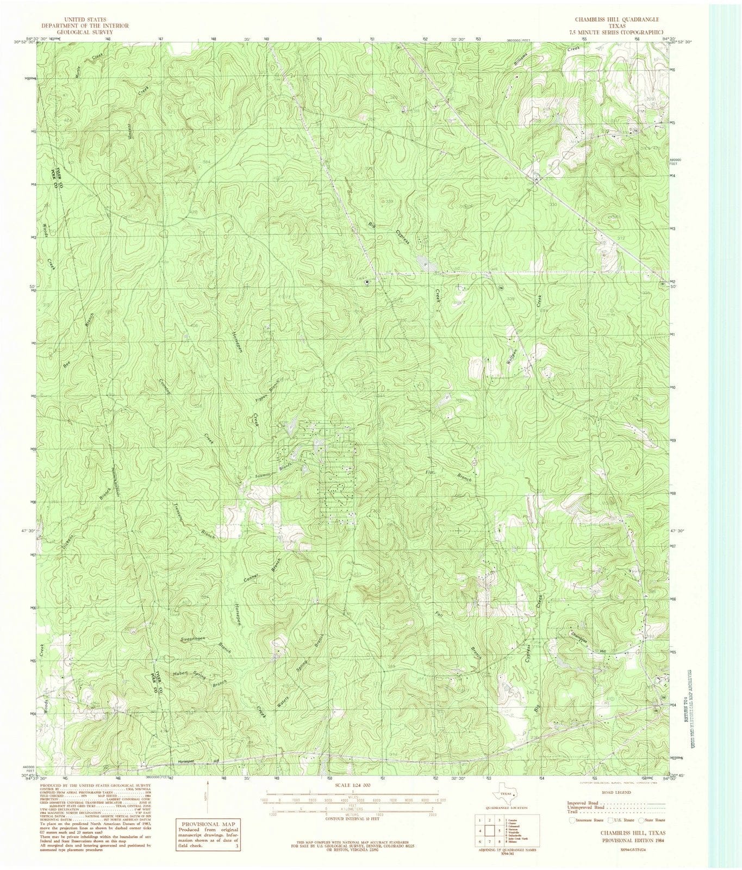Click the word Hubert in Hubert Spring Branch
pyautogui.click(x=180, y=674)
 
